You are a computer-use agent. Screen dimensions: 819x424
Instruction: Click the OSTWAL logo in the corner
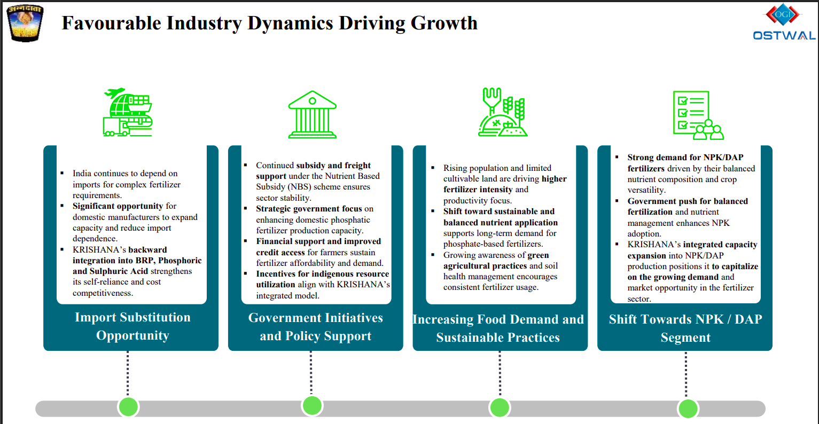[x=784, y=23]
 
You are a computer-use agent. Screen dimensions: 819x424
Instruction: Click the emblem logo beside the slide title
[x=24, y=23]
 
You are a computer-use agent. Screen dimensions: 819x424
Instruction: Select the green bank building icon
[x=312, y=114]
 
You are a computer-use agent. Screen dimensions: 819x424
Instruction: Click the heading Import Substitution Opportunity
[x=132, y=326]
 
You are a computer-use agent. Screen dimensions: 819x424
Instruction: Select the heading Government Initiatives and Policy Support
[x=315, y=327]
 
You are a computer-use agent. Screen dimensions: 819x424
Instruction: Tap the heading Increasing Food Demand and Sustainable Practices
[x=498, y=328]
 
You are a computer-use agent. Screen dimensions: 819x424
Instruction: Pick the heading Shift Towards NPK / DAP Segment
[x=685, y=328]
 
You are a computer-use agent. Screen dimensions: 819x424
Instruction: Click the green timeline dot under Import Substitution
[x=128, y=407]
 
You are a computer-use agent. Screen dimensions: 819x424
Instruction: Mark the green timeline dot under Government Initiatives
[x=312, y=406]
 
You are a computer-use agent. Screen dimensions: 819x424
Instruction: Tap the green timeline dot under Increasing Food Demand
[x=500, y=408]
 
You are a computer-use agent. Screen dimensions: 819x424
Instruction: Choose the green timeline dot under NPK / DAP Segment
[x=688, y=409]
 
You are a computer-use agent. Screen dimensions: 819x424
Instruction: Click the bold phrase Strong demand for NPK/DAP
[x=685, y=158]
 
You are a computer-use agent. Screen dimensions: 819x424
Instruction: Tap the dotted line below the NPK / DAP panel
[x=686, y=374]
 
